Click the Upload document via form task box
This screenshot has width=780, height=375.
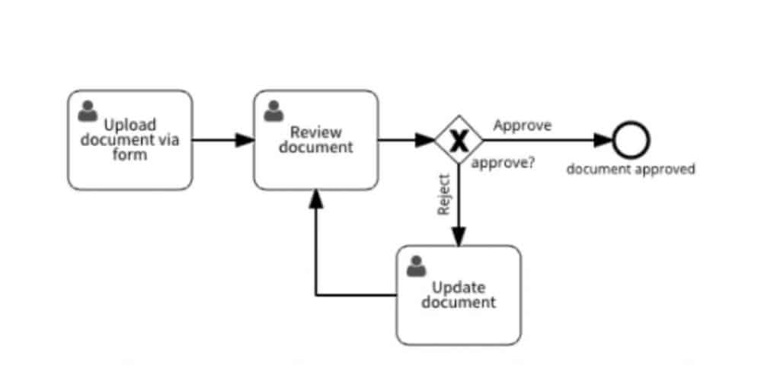click(129, 140)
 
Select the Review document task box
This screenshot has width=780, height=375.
click(315, 140)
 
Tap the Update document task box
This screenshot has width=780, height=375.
click(459, 295)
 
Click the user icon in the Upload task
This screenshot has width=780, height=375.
click(88, 112)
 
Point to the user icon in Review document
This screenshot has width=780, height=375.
click(273, 112)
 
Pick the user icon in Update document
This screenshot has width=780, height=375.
click(416, 266)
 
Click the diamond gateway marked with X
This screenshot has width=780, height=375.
click(459, 140)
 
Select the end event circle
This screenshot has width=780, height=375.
click(631, 140)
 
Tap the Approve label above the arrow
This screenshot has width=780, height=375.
click(523, 125)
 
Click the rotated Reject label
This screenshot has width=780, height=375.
click(445, 195)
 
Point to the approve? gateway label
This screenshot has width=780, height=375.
click(503, 163)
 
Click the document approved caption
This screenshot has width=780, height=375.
click(631, 169)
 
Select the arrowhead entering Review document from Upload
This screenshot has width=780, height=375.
click(245, 140)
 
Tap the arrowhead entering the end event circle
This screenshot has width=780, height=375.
click(605, 140)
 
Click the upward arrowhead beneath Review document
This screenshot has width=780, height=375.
click(316, 198)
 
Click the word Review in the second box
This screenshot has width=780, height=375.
click(315, 133)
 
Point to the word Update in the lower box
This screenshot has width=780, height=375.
click(459, 288)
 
